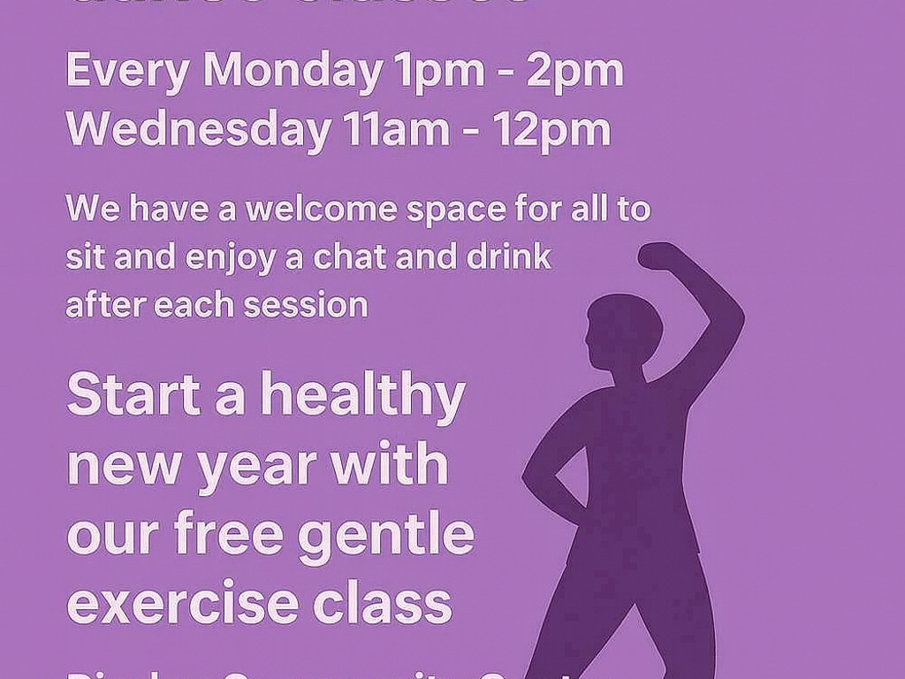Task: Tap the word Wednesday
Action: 197,130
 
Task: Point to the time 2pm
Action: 574,72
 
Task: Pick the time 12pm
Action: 551,130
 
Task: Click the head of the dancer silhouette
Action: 622,332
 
